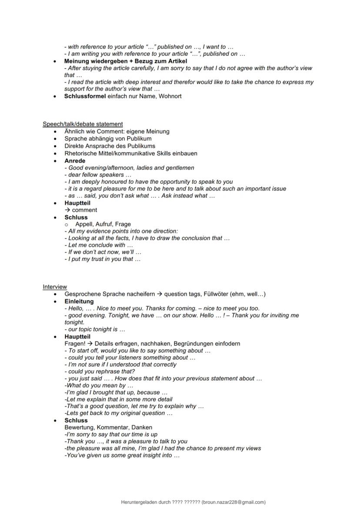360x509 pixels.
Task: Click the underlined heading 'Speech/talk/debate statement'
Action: (83, 124)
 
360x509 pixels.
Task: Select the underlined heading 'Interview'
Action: (55, 286)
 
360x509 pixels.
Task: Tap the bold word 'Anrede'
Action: (75, 160)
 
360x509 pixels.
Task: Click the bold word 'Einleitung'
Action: (79, 301)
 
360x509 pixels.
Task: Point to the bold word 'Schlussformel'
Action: (85, 96)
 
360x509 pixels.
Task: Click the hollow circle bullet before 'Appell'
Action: (68, 224)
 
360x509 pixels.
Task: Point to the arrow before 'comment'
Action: (67, 210)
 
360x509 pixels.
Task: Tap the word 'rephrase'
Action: (103, 371)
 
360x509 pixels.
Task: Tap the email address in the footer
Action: (233, 502)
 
